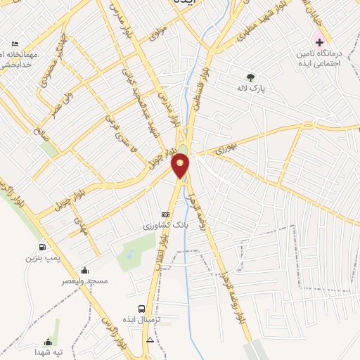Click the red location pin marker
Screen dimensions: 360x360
(181, 166)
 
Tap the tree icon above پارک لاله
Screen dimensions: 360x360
(250, 77)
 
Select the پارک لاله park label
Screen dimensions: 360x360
(250, 89)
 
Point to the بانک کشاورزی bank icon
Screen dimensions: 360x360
(166, 214)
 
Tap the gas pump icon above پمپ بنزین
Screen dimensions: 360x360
(43, 247)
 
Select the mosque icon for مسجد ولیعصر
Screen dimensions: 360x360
(85, 270)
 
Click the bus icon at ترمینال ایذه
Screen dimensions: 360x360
(143, 309)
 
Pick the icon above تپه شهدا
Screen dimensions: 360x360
(48, 342)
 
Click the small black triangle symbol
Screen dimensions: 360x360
(149, 340)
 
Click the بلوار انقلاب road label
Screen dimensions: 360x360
(163, 244)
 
